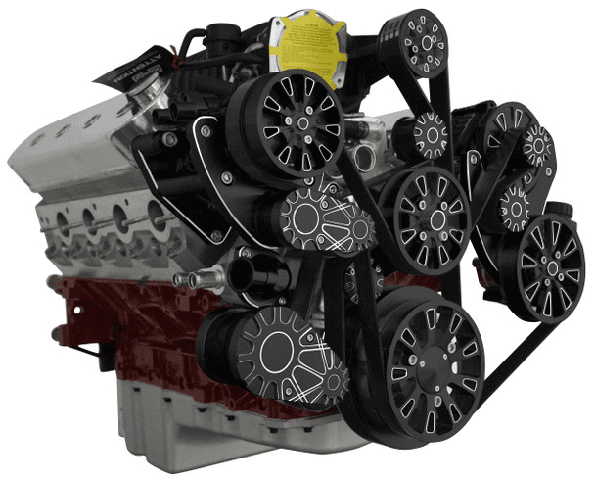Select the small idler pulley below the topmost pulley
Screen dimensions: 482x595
[428, 132]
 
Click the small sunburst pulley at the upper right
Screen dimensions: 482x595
[536, 145]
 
